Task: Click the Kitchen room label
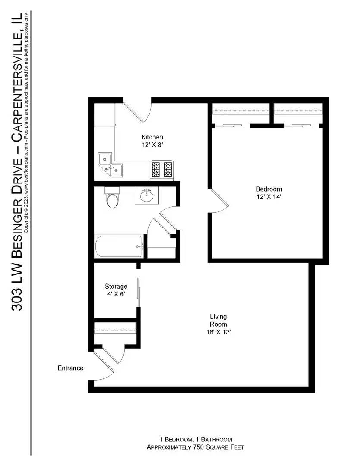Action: [x=152, y=137]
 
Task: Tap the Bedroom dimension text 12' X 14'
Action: [x=269, y=197]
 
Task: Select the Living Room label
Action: [x=218, y=321]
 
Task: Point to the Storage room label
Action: [x=116, y=286]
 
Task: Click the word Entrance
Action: [x=70, y=368]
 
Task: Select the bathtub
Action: [x=119, y=246]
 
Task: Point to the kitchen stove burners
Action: [x=162, y=169]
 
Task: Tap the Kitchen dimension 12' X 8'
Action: [x=152, y=145]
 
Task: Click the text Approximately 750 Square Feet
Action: [x=195, y=447]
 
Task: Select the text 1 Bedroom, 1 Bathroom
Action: [x=195, y=439]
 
